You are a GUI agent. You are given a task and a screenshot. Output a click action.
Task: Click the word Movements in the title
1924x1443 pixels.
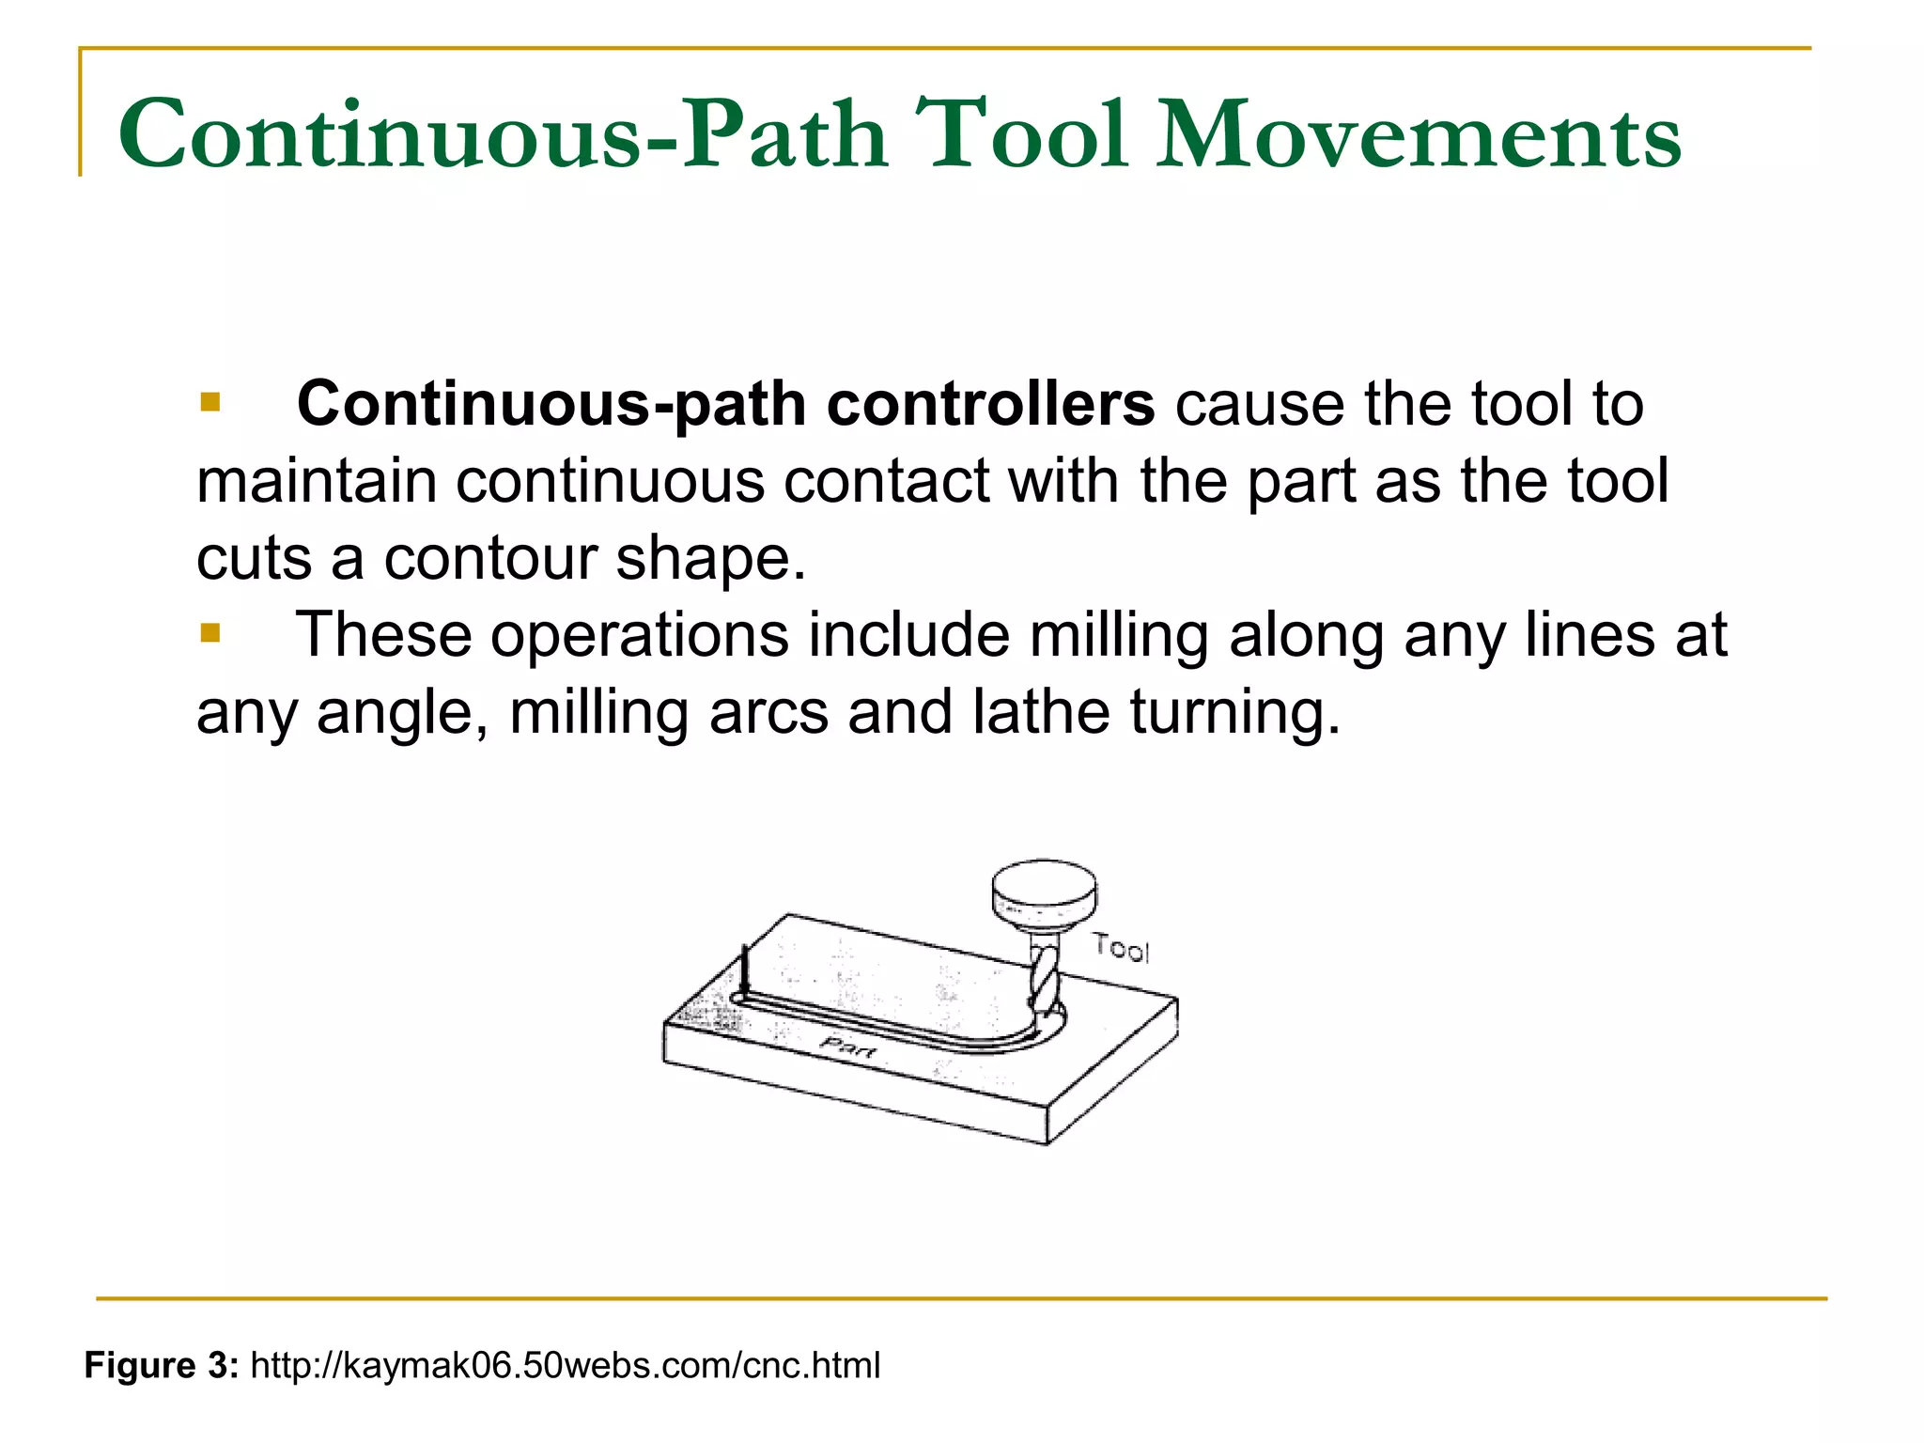(x=1419, y=136)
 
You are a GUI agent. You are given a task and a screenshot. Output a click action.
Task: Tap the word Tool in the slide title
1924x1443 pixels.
(x=1021, y=136)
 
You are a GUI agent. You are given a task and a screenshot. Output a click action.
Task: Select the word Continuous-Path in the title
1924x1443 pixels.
(x=503, y=136)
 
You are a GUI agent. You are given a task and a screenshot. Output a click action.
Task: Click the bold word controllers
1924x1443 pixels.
(x=990, y=404)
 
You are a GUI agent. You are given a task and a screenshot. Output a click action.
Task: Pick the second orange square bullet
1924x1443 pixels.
(x=210, y=634)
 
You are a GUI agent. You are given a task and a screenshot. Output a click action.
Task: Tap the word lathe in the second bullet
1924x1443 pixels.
(x=1041, y=712)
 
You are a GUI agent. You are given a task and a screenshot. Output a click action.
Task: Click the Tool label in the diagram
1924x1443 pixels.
(x=1121, y=949)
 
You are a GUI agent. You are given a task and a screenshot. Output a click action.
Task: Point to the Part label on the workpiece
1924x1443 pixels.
(x=848, y=1046)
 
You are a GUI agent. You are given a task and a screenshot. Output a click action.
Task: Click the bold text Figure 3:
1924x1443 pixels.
(x=162, y=1365)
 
